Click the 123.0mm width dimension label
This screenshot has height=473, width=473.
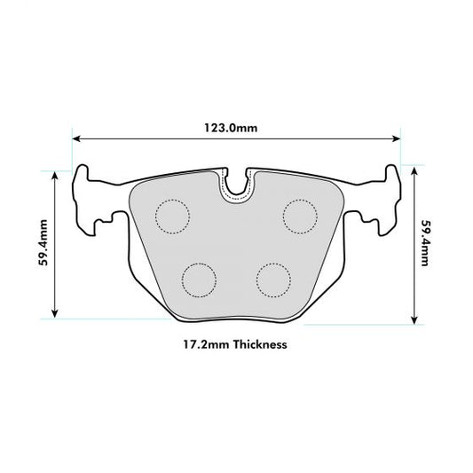pos(235,128)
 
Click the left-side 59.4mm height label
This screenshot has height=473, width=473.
pos(43,242)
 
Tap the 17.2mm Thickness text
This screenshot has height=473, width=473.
pos(235,343)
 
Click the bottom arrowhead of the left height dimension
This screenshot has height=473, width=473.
pos(57,312)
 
